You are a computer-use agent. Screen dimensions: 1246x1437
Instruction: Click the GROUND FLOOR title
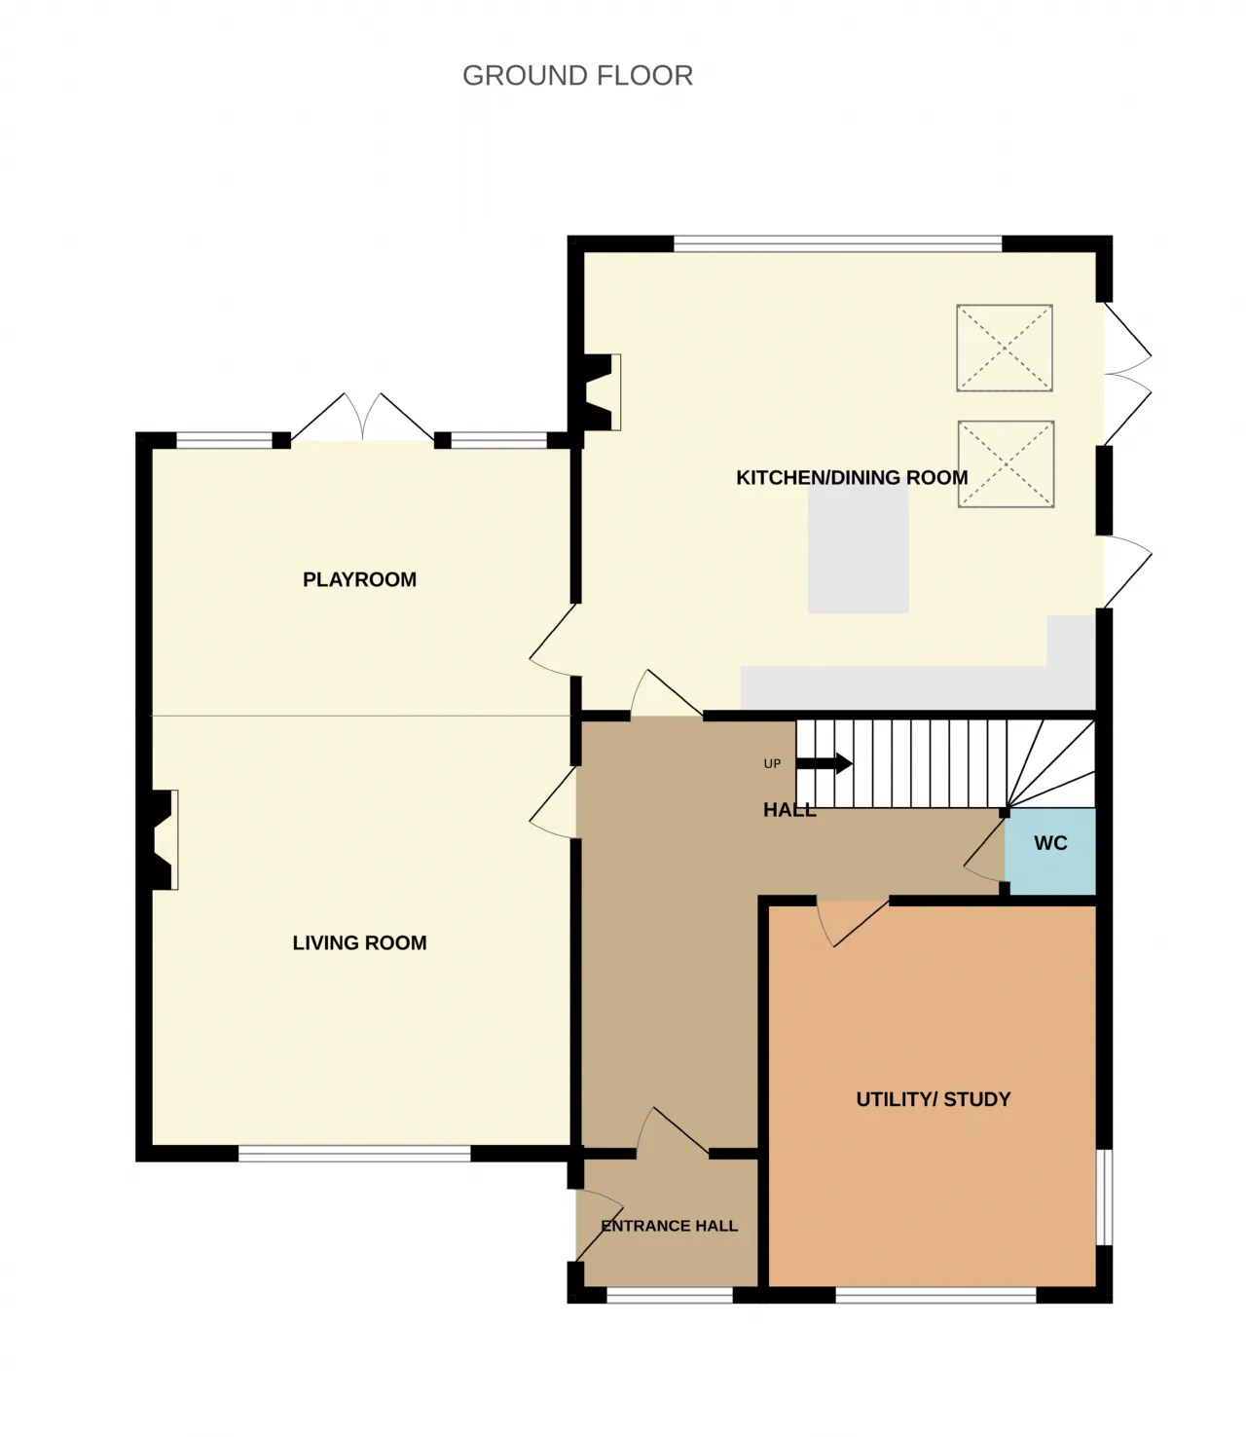click(577, 76)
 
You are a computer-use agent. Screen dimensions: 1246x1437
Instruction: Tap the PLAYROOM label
click(359, 579)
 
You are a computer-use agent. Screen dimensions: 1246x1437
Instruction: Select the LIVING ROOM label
click(359, 942)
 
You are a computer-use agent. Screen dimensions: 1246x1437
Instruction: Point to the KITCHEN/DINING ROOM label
click(852, 478)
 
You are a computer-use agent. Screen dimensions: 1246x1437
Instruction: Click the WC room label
click(1050, 843)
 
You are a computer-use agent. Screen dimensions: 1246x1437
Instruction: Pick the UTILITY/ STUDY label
click(934, 1099)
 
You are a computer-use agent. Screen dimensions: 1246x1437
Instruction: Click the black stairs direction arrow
click(824, 763)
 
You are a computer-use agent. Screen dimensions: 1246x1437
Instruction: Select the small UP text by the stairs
click(772, 764)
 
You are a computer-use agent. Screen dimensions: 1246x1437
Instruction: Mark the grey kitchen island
click(858, 549)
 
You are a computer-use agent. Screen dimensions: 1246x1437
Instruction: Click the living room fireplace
click(165, 840)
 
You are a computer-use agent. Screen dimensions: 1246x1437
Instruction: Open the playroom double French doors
click(362, 417)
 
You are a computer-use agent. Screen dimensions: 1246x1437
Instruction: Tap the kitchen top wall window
click(838, 243)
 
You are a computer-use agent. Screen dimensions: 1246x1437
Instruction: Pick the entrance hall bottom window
click(670, 1295)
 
